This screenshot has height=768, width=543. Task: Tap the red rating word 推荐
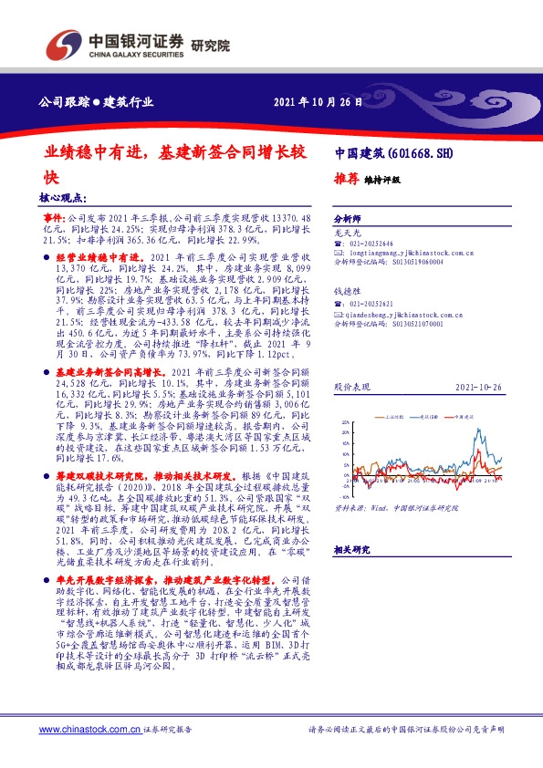(346, 179)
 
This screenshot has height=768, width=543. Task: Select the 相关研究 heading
(350, 550)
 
